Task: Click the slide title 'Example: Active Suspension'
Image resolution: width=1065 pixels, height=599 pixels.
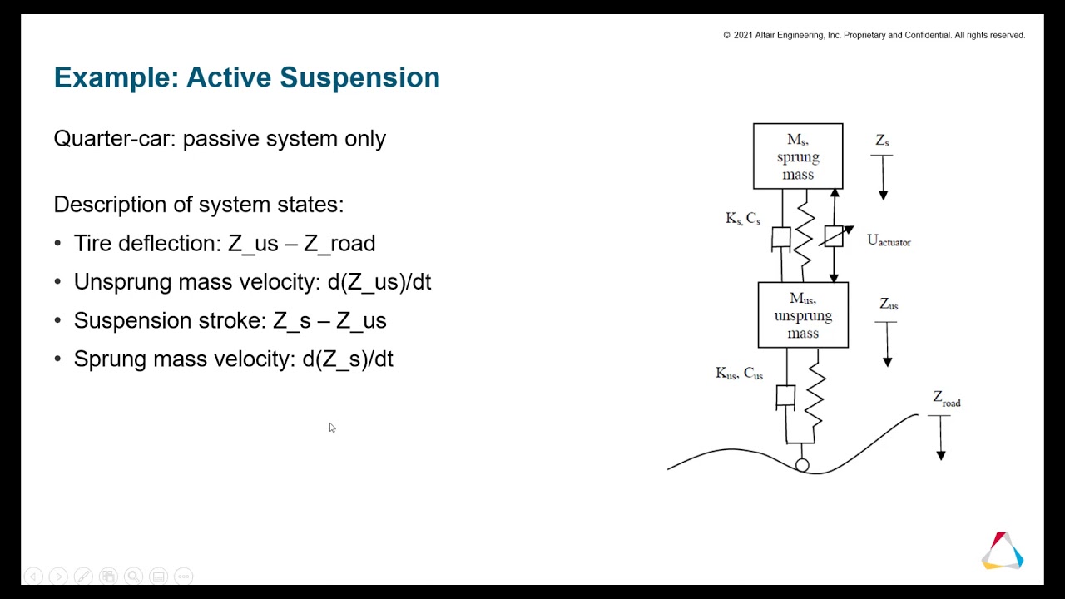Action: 246,77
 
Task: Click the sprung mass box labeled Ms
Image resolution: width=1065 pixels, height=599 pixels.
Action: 798,156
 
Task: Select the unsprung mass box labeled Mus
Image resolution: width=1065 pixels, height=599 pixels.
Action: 803,315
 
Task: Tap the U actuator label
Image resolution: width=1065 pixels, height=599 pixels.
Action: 889,240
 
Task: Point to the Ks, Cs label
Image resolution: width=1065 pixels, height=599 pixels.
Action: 743,219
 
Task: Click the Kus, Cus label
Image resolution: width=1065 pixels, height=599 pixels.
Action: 739,374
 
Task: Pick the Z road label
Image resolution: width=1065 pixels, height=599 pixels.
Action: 946,399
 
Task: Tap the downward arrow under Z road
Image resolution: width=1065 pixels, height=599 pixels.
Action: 940,437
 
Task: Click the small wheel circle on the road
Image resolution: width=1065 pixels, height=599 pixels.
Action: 802,465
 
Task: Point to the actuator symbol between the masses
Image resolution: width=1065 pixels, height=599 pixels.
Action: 834,236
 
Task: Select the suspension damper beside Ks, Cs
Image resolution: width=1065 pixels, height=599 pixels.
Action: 781,239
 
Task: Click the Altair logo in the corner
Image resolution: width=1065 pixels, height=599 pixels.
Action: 1003,551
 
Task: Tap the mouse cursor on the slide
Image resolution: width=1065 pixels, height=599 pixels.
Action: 331,428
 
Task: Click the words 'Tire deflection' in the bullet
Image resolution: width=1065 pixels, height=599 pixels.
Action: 147,244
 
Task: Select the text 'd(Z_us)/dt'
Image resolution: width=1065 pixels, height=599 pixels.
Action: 379,282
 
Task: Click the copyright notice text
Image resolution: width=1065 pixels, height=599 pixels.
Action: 874,36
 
